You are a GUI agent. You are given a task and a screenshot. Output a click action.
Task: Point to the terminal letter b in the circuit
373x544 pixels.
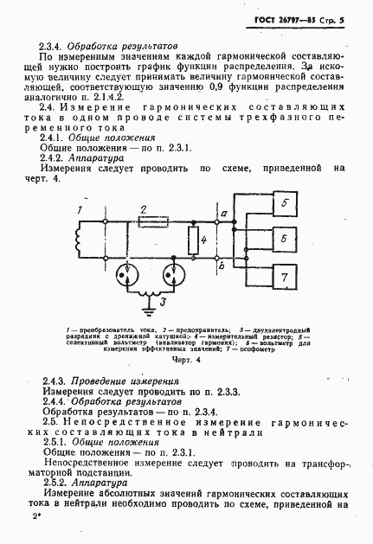(223, 268)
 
